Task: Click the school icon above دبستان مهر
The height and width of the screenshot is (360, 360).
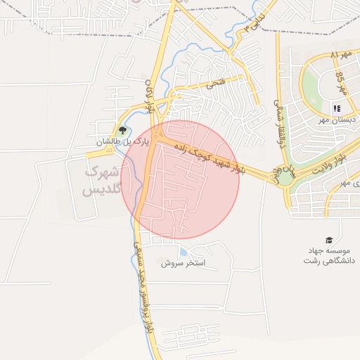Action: pyautogui.click(x=337, y=108)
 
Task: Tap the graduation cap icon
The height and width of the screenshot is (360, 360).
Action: pyautogui.click(x=328, y=240)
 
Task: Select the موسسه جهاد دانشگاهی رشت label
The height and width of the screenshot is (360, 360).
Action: pyautogui.click(x=328, y=255)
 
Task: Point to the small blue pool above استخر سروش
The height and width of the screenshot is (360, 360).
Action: pyautogui.click(x=184, y=252)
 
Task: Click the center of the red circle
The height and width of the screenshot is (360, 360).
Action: pyautogui.click(x=181, y=179)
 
